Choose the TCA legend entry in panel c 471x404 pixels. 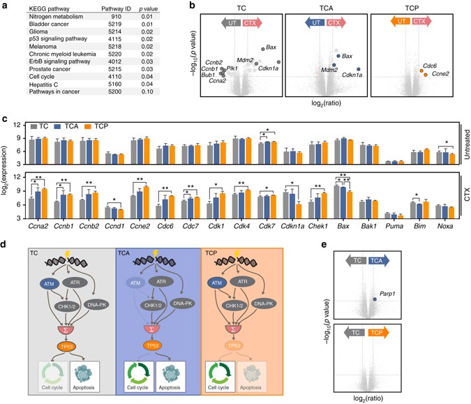(x=74, y=127)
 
